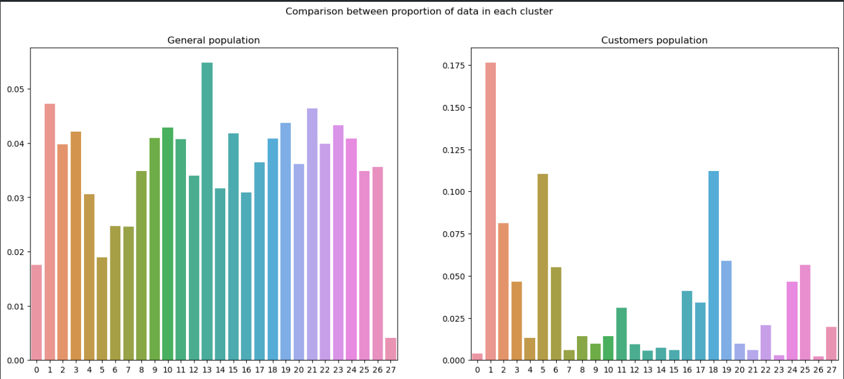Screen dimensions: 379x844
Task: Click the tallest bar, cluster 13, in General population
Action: pos(207,211)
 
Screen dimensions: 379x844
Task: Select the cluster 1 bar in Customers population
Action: pos(491,211)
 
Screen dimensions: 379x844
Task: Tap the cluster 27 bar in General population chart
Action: pos(390,349)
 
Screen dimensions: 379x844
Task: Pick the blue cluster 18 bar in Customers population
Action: pos(713,265)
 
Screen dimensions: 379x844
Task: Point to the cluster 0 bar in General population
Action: pos(36,312)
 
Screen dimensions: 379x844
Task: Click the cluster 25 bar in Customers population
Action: pos(805,312)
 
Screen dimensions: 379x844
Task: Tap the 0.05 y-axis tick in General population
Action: pos(15,89)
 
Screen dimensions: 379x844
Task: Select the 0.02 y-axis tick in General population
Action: pos(15,252)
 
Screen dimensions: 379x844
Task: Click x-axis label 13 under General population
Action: pos(207,370)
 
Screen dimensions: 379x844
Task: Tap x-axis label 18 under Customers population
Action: pos(713,370)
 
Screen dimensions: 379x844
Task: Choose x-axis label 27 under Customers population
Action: pos(831,370)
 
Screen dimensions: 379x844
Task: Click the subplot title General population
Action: pos(213,41)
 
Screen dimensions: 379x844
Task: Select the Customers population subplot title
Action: pos(654,41)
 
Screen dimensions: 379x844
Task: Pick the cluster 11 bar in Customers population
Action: pos(621,334)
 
